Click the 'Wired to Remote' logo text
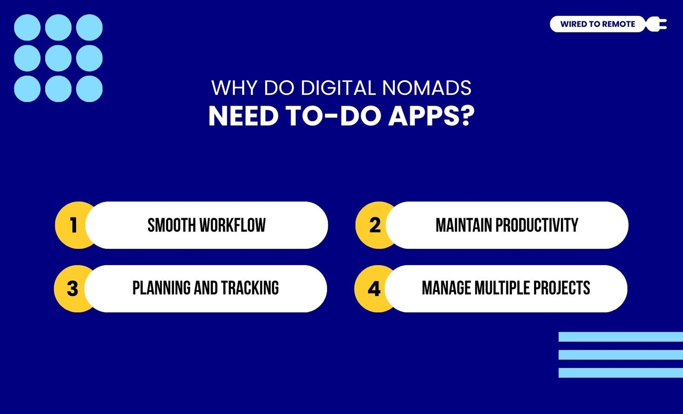[598, 24]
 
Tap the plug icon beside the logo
[656, 24]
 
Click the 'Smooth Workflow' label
[207, 225]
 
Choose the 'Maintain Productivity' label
[507, 225]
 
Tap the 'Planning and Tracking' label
[205, 288]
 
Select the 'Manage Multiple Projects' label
[506, 288]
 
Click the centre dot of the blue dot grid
[58, 58]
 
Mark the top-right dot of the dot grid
[89, 27]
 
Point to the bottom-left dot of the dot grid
[27, 89]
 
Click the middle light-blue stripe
[621, 355]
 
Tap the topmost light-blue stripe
[621, 337]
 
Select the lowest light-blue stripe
[621, 373]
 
